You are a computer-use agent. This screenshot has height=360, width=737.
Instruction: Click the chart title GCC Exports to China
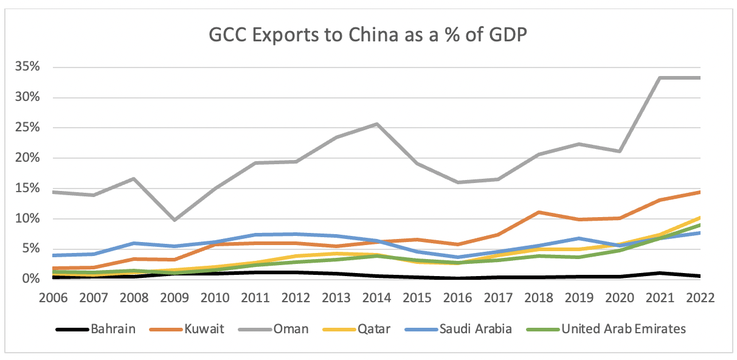[368, 36]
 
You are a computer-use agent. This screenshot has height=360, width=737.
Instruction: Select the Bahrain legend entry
[113, 329]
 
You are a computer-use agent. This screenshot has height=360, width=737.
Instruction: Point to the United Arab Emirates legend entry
[624, 329]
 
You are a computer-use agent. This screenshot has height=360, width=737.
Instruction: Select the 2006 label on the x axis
[54, 299]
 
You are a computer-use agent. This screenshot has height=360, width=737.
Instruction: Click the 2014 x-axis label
[377, 299]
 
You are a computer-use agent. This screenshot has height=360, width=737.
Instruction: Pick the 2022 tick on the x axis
[700, 299]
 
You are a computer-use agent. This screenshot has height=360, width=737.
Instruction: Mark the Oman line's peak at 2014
[377, 124]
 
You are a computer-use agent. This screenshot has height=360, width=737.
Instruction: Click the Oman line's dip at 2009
[175, 220]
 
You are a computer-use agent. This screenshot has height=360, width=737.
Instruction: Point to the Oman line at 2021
[660, 78]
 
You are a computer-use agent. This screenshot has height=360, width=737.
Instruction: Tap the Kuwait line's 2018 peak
[539, 212]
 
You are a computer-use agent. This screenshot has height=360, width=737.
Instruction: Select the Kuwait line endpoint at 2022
[700, 192]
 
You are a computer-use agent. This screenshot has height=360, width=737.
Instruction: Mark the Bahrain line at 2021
[660, 273]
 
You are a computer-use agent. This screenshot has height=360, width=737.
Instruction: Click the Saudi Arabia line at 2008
[134, 243]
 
